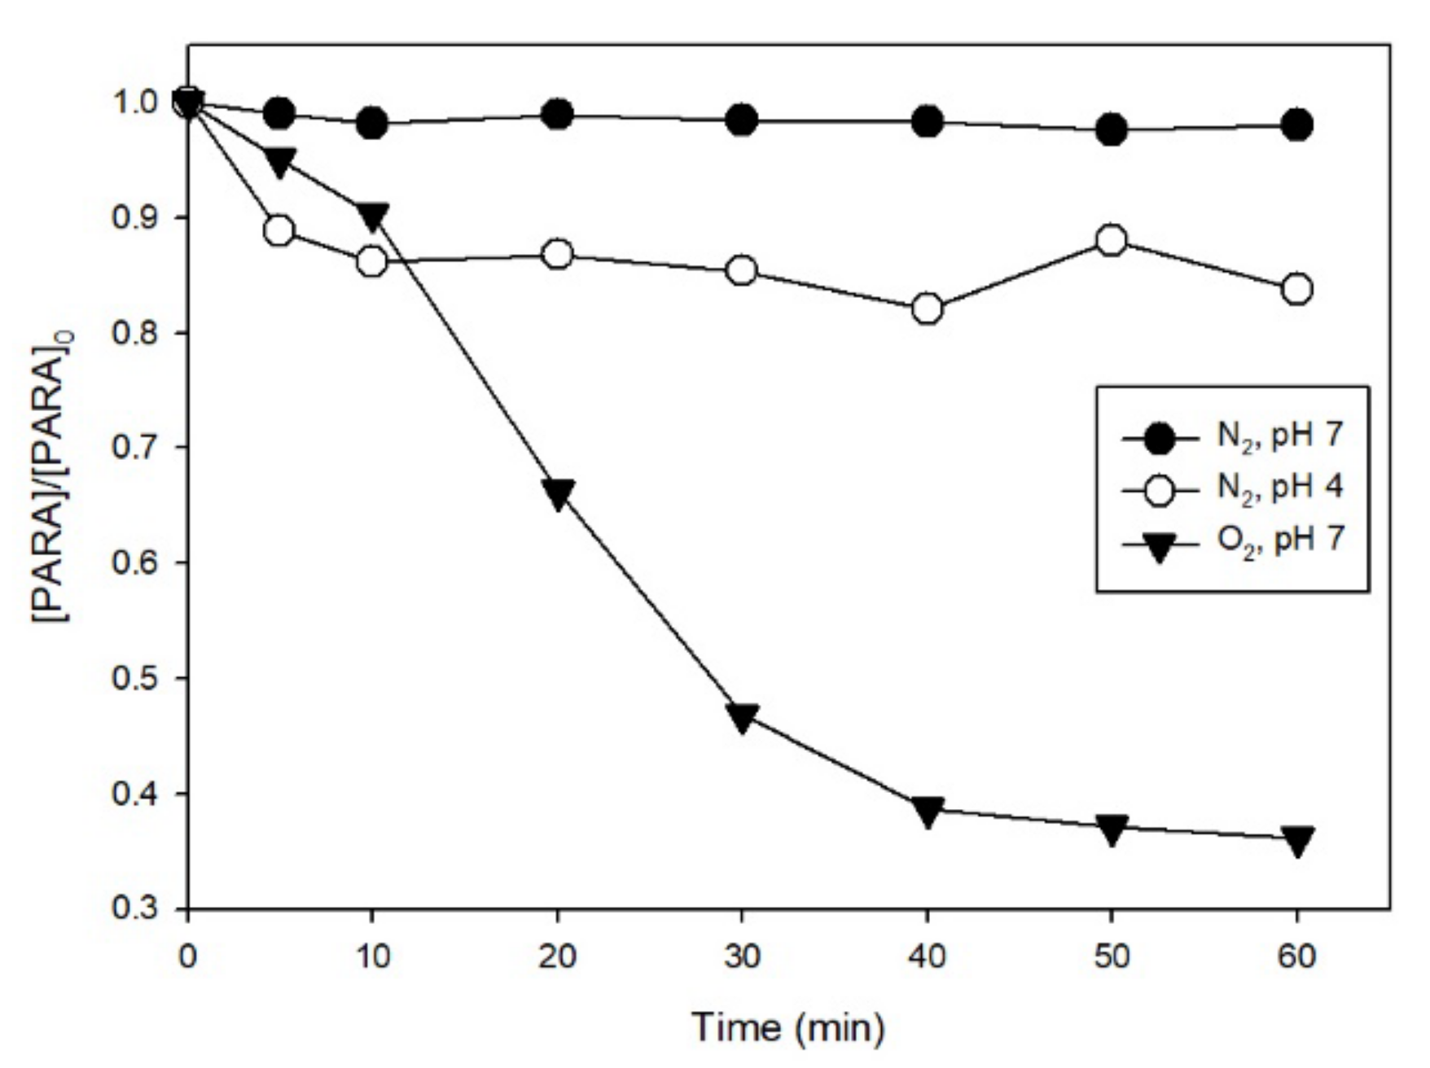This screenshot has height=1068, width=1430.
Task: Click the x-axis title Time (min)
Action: pyautogui.click(x=787, y=1028)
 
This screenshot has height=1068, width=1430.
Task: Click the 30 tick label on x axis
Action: pyautogui.click(x=742, y=956)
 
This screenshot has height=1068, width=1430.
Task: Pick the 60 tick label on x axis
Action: pyautogui.click(x=1296, y=956)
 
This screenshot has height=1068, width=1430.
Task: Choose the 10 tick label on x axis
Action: pyautogui.click(x=372, y=956)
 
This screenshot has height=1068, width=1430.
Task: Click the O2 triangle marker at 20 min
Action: pyautogui.click(x=558, y=493)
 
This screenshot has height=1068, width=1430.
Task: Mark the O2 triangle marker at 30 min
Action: pyautogui.click(x=742, y=717)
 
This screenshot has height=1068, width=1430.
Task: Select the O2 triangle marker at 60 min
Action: pyautogui.click(x=1296, y=839)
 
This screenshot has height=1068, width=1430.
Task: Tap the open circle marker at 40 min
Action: pyautogui.click(x=928, y=309)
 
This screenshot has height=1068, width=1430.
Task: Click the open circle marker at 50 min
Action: pyautogui.click(x=1112, y=241)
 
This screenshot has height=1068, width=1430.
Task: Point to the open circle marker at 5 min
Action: pyautogui.click(x=279, y=231)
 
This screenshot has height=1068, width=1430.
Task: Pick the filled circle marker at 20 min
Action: pyautogui.click(x=558, y=115)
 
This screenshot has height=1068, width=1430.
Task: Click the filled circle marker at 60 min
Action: pyautogui.click(x=1296, y=125)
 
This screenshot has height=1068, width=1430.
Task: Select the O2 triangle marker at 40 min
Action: pyautogui.click(x=928, y=810)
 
